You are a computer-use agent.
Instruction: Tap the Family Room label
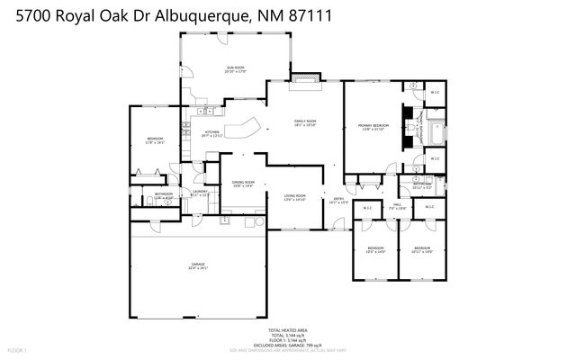click(x=306, y=122)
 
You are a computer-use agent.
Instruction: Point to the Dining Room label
click(x=244, y=184)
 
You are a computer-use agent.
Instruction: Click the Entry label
click(x=338, y=200)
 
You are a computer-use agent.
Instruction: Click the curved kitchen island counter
click(x=241, y=129)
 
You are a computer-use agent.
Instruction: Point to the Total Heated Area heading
click(x=287, y=330)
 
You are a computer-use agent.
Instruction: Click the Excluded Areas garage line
click(x=287, y=344)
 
